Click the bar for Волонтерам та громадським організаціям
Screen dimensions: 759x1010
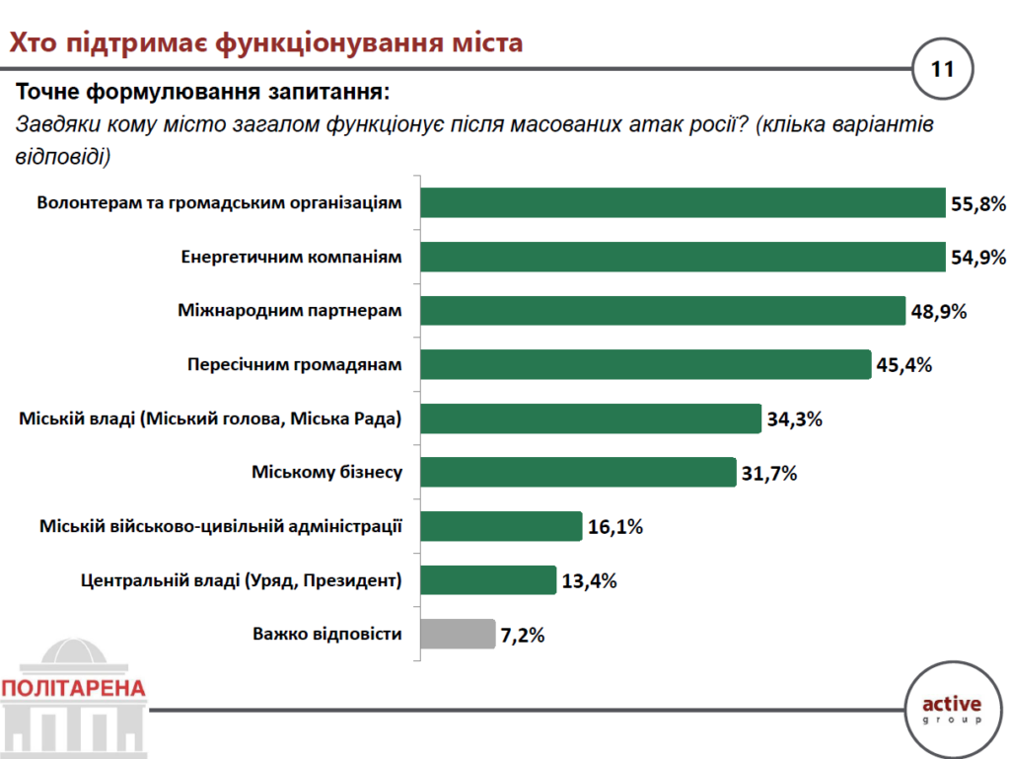point(683,203)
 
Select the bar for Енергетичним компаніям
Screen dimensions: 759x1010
point(683,258)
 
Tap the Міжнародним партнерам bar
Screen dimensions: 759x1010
point(662,311)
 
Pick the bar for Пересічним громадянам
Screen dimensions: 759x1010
point(645,364)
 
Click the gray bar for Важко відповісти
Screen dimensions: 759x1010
point(458,634)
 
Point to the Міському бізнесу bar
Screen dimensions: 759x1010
point(578,473)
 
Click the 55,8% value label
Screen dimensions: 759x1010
point(978,204)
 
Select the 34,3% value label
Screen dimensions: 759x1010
point(794,419)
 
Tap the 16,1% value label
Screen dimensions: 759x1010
point(614,527)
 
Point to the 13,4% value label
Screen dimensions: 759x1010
point(589,580)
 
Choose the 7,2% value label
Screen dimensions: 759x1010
point(523,635)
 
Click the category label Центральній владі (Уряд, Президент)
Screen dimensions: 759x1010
point(241,580)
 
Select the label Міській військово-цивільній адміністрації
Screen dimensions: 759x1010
point(221,527)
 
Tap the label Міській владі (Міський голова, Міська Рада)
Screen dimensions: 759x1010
point(211,419)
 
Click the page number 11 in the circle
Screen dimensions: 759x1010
point(943,69)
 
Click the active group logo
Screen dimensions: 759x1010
point(952,709)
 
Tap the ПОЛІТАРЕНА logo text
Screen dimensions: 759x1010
point(74,688)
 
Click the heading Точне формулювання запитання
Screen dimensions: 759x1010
point(202,93)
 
